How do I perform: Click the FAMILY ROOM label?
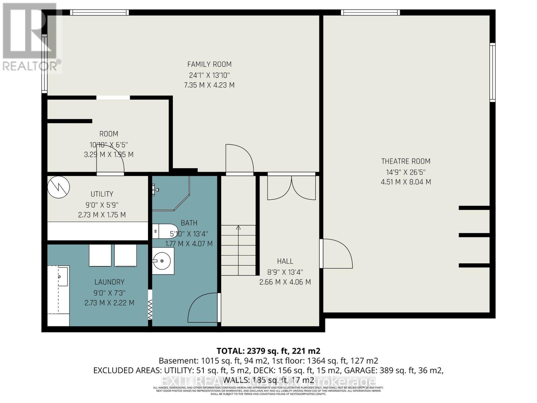tap(209, 64)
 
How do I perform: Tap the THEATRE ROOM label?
tap(405, 161)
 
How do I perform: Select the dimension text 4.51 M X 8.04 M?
tap(405, 182)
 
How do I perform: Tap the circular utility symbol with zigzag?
tap(58, 187)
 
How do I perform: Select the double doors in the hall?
tap(291, 188)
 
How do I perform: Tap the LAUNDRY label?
tap(109, 282)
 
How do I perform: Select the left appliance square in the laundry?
tap(100, 256)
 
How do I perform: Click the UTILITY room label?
tap(102, 194)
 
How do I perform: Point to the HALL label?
tap(285, 261)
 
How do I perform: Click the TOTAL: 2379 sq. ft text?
tap(268, 351)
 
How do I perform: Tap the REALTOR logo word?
tap(30, 66)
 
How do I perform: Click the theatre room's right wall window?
tap(492, 72)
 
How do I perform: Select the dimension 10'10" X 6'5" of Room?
tap(108, 145)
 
